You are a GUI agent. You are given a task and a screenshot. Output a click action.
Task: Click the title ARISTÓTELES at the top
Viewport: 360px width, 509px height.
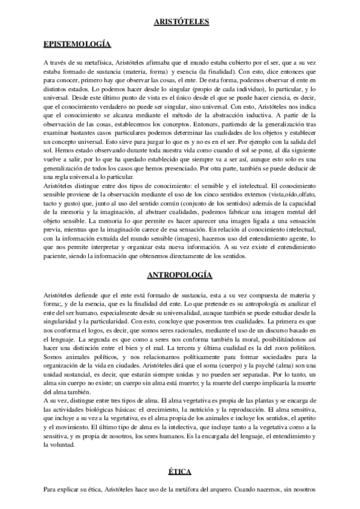pyautogui.click(x=180, y=22)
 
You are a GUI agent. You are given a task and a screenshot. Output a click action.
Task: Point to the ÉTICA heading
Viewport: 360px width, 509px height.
pyautogui.click(x=180, y=472)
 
